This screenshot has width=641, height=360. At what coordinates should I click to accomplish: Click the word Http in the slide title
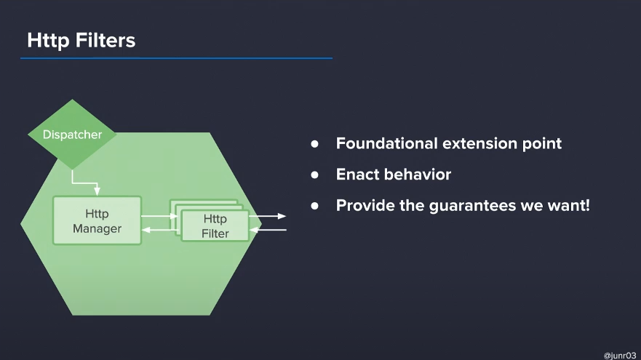(48, 41)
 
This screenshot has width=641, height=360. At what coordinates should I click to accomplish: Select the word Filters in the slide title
(105, 40)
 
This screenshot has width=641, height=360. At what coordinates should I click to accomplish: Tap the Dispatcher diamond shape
(72, 135)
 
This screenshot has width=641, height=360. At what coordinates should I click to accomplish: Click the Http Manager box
(97, 220)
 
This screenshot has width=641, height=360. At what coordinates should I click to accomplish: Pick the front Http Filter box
(215, 225)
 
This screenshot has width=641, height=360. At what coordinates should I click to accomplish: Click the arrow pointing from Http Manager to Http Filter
(159, 216)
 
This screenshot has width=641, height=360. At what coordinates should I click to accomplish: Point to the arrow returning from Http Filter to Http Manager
(159, 230)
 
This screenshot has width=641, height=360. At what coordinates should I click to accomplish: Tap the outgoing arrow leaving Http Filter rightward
(267, 216)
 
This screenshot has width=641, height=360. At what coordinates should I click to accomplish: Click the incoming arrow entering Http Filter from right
(268, 230)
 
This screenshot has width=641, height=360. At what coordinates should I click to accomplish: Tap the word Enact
(356, 175)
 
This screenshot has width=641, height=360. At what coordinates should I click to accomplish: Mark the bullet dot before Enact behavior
(314, 175)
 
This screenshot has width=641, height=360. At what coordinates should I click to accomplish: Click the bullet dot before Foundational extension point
(314, 144)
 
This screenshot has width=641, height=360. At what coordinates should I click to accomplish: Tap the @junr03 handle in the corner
(620, 356)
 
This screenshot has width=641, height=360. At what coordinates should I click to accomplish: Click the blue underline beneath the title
(176, 58)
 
